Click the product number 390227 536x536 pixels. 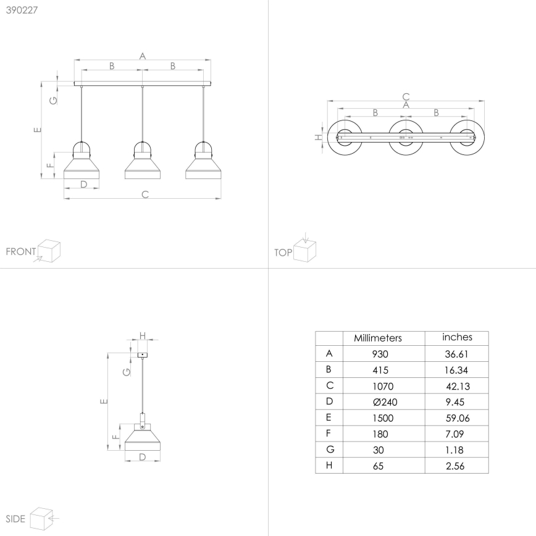(22, 10)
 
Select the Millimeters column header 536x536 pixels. (378, 338)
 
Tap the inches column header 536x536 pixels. (457, 337)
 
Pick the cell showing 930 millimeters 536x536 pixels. (380, 354)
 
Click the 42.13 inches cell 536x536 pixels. (458, 387)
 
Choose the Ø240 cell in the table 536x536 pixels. (385, 402)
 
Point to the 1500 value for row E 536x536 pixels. (383, 418)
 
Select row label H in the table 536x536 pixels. (329, 465)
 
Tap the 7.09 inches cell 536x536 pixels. (454, 434)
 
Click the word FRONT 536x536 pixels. (21, 251)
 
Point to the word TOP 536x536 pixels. (283, 253)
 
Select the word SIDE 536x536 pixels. (15, 519)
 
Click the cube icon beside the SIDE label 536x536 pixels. (41, 519)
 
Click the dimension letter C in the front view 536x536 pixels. (145, 195)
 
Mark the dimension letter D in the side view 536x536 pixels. (143, 457)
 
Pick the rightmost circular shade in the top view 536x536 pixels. (467, 138)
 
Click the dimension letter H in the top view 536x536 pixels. (318, 138)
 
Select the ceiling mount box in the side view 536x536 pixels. (143, 355)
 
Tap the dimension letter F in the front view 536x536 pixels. (50, 165)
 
